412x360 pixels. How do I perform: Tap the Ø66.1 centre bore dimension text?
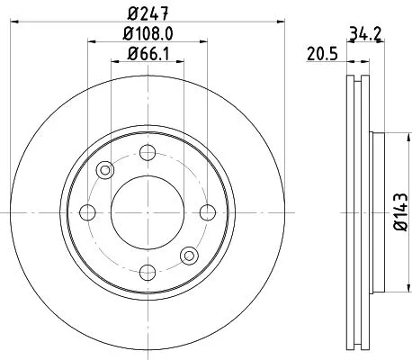pyautogui.click(x=148, y=57)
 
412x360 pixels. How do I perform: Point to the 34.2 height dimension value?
pyautogui.click(x=365, y=36)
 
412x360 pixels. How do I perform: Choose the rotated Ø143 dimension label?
pyautogui.click(x=398, y=213)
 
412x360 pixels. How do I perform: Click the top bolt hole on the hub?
pyautogui.click(x=148, y=151)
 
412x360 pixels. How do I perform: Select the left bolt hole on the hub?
pyautogui.click(x=87, y=212)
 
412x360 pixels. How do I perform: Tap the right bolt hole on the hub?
pyautogui.click(x=208, y=212)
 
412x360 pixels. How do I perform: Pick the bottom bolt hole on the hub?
pyautogui.click(x=148, y=273)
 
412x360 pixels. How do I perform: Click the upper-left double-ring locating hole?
pyautogui.click(x=106, y=170)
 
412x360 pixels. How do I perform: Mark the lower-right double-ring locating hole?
pyautogui.click(x=189, y=255)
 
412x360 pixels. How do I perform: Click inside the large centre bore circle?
pyautogui.click(x=148, y=212)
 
